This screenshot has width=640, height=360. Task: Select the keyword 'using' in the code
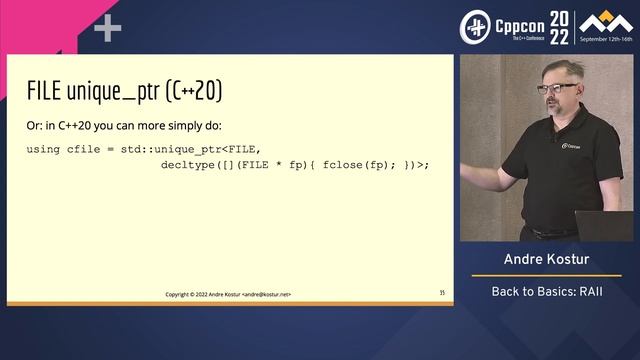43,149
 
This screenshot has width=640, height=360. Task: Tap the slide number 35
441,293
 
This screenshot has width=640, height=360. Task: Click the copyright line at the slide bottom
235,293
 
